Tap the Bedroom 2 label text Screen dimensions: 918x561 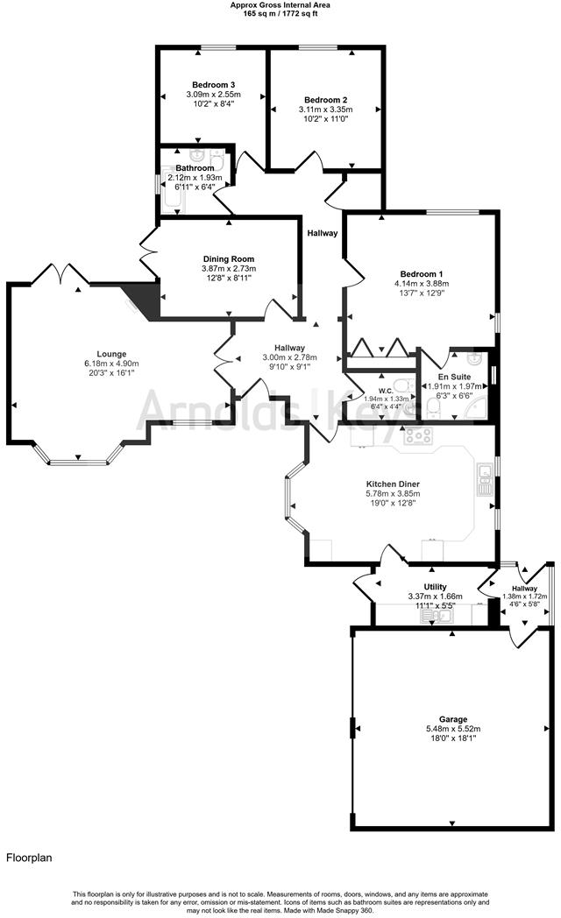[323, 99]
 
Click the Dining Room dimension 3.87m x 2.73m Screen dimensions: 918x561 [229, 269]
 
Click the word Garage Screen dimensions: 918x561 [452, 718]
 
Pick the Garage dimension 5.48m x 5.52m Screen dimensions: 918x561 [452, 729]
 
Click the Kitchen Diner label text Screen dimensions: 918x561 [393, 484]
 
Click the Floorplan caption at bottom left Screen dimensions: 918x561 [29, 858]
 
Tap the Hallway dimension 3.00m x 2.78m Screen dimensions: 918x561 [289, 357]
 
